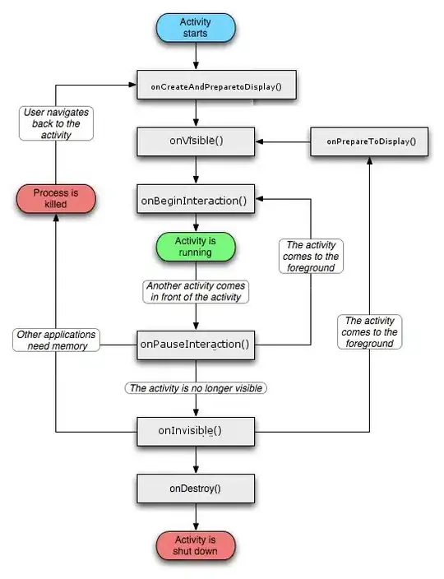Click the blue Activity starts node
pos(195,27)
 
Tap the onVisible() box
pos(195,141)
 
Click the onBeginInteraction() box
pos(195,198)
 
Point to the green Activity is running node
pos(195,247)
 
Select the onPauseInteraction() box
pos(195,344)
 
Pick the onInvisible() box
pos(195,429)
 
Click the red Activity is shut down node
pos(195,544)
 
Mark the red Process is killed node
pos(55,198)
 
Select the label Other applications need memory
pos(55,340)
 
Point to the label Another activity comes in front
pos(195,291)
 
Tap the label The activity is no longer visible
pos(197,387)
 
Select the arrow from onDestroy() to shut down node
pos(195,516)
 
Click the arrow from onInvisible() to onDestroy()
pos(195,458)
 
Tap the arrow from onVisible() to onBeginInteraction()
pos(195,169)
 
